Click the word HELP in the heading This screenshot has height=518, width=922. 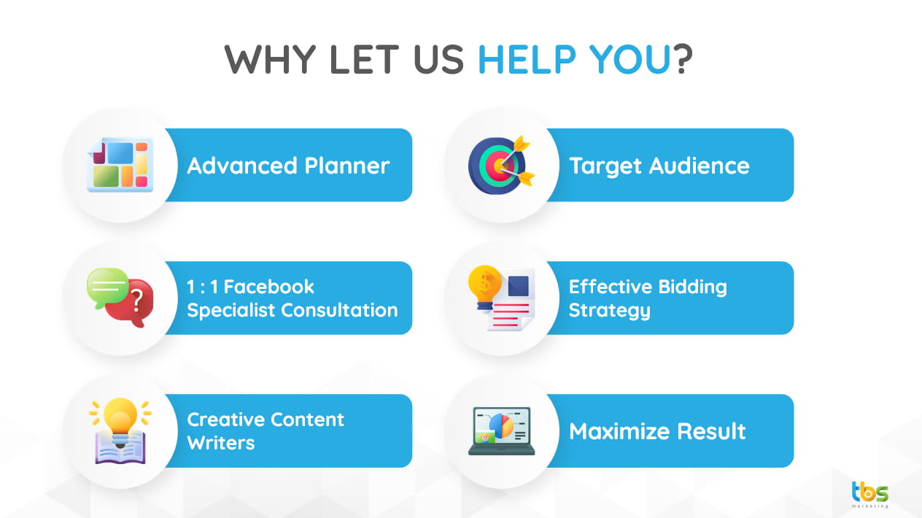tap(527, 59)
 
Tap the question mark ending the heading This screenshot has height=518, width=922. tap(683, 59)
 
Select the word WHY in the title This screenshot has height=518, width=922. tap(271, 59)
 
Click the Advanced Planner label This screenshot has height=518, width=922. tap(288, 166)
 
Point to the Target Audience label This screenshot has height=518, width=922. tap(659, 166)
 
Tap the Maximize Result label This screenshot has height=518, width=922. tap(657, 431)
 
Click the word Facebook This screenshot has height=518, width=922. tap(268, 287)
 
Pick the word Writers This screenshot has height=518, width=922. tap(221, 443)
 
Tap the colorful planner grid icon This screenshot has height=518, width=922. tap(120, 165)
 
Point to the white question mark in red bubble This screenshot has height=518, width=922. tap(137, 300)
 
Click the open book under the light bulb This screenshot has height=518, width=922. tap(120, 447)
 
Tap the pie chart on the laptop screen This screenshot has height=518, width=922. tap(501, 426)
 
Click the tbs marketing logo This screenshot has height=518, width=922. tap(869, 495)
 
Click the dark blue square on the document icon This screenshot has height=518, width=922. tap(518, 286)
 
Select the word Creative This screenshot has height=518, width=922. tap(225, 420)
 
